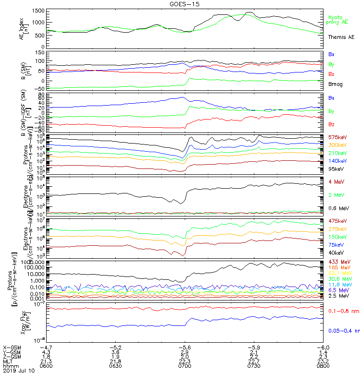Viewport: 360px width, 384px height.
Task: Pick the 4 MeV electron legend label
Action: pos(335,181)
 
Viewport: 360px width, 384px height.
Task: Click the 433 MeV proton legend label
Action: pos(337,262)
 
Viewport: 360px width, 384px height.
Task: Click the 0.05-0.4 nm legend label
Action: pos(343,331)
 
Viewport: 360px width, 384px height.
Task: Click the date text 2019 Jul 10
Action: pos(19,371)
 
